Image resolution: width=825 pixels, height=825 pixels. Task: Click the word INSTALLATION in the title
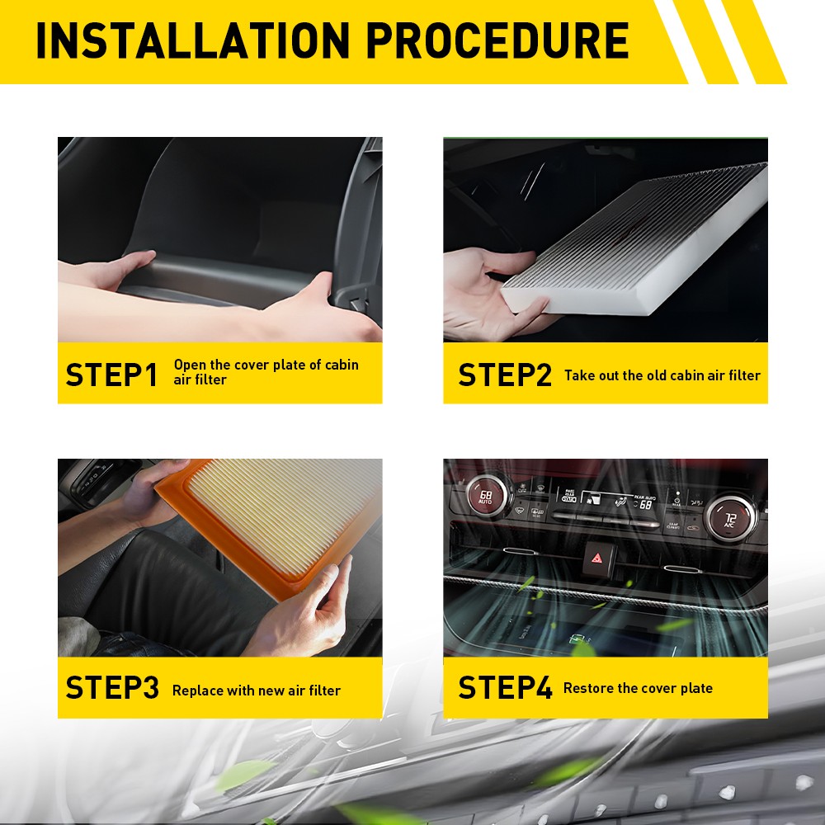pos(192,40)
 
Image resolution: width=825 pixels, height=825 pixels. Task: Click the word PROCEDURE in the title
pos(497,40)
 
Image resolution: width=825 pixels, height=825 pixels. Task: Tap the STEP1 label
pos(111,375)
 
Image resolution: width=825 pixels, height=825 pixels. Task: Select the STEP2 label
pos(505,375)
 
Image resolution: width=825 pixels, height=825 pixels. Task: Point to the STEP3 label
pos(112,687)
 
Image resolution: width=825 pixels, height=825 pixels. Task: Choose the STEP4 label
pos(505,687)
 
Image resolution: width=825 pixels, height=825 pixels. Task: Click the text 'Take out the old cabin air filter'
pos(662,375)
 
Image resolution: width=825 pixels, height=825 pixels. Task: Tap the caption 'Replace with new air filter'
pos(257,691)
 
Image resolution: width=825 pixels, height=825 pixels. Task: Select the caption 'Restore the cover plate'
pos(638,688)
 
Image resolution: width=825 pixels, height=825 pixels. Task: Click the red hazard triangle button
pos(597,559)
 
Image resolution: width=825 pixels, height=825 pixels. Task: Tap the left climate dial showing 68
pos(487,496)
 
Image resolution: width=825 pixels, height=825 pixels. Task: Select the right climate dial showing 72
pos(731,519)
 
